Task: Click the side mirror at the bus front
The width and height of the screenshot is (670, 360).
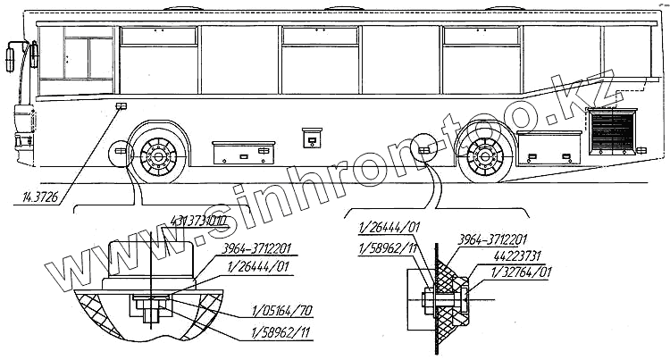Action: click(x=11, y=57)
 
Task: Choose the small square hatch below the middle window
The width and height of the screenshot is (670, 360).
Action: click(x=313, y=138)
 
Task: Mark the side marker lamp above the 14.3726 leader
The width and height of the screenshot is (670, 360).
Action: click(x=121, y=107)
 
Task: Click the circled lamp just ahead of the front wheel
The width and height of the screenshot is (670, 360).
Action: click(x=120, y=154)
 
